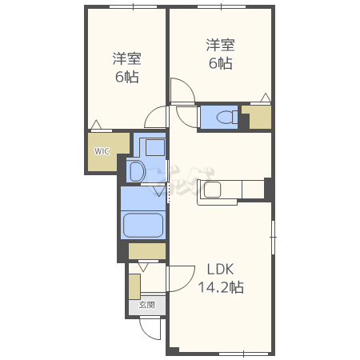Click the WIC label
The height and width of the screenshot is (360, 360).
click(x=102, y=151)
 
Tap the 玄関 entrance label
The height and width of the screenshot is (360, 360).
click(x=147, y=305)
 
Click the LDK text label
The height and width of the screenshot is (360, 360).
click(x=221, y=270)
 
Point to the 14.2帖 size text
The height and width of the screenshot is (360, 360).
click(x=221, y=287)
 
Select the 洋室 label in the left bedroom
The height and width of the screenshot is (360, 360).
click(x=126, y=59)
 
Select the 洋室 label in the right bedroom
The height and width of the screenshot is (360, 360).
click(x=220, y=45)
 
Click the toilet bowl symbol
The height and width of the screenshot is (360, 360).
click(x=227, y=118)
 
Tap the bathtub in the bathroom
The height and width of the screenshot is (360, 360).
click(x=143, y=225)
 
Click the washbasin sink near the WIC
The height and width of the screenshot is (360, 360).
click(x=137, y=171)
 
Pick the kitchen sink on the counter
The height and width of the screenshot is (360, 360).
click(x=213, y=190)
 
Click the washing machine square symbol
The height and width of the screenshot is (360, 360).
click(x=155, y=147)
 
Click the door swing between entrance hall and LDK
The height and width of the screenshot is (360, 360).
click(x=181, y=278)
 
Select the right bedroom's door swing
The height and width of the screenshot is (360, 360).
click(x=182, y=90)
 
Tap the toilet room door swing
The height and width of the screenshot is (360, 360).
click(x=187, y=117)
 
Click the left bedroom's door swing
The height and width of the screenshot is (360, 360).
click(x=156, y=117)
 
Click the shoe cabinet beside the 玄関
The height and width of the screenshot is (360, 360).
click(x=134, y=286)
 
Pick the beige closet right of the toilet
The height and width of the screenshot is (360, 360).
click(x=257, y=117)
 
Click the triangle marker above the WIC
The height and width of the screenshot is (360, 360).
click(x=96, y=125)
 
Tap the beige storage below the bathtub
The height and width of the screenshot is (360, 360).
click(x=147, y=251)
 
